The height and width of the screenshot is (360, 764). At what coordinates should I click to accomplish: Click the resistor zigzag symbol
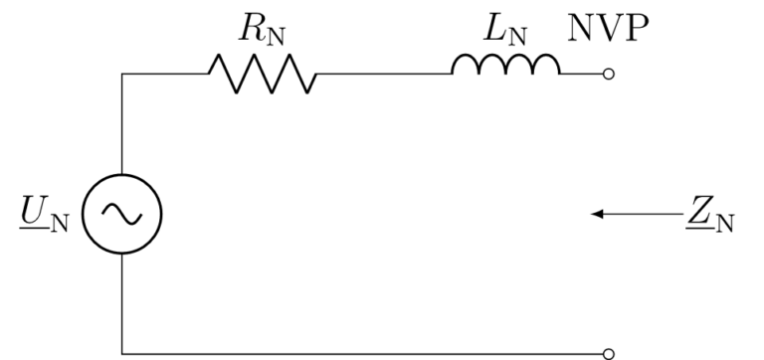(x=262, y=74)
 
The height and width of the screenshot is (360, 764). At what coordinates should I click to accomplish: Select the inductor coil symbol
(x=505, y=66)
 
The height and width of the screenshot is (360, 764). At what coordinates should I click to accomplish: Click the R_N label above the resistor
(x=261, y=30)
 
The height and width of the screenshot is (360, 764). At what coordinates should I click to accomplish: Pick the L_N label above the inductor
(x=504, y=30)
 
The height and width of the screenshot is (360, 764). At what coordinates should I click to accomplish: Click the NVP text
(x=609, y=29)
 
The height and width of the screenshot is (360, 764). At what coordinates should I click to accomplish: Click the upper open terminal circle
(x=610, y=74)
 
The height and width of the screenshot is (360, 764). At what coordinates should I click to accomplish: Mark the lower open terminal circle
(x=610, y=352)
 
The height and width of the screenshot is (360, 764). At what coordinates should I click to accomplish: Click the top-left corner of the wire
(x=121, y=74)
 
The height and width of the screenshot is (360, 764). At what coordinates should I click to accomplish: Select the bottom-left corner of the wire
(x=121, y=352)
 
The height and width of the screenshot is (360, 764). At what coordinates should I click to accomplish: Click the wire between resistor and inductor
(x=383, y=74)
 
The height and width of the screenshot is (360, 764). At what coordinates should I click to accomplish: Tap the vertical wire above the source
(x=121, y=124)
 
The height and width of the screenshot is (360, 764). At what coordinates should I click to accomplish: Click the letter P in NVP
(x=638, y=29)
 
